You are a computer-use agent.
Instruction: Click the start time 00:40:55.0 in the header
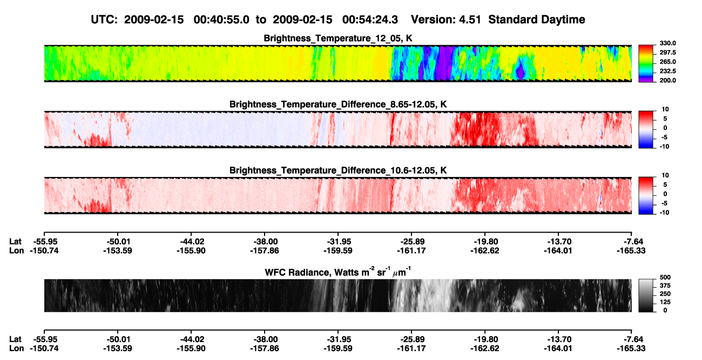click(221, 19)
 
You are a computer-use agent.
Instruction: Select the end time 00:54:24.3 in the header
click(370, 19)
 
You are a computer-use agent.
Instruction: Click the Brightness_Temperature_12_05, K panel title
click(338, 38)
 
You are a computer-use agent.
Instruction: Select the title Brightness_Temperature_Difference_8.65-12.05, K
click(338, 104)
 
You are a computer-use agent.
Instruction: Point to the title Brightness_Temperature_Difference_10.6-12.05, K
click(338, 171)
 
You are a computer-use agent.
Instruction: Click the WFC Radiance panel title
click(338, 272)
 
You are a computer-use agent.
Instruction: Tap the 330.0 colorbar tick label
click(667, 43)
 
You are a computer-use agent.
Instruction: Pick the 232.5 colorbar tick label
click(667, 71)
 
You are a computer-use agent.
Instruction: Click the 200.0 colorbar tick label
click(667, 80)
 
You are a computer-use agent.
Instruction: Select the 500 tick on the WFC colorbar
click(665, 277)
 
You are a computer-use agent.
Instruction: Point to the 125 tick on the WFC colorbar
click(665, 302)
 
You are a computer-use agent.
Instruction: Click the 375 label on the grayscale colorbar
click(665, 286)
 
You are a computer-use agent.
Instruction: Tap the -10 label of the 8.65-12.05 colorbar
click(664, 146)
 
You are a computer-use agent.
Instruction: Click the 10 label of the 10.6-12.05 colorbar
click(665, 175)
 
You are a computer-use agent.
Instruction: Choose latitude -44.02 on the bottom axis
click(191, 339)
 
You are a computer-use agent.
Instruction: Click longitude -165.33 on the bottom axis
click(631, 348)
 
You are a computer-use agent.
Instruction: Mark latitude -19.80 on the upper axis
click(485, 241)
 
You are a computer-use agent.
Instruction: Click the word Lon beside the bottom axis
click(16, 348)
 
